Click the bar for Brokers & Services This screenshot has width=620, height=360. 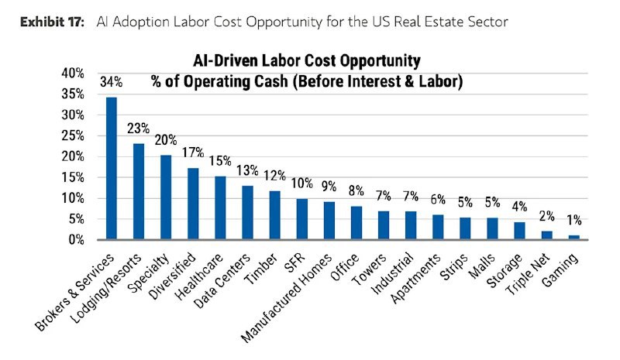click(112, 169)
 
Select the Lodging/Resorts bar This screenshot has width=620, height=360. click(139, 191)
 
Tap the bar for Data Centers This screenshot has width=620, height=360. click(247, 212)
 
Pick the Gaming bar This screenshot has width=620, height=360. click(573, 237)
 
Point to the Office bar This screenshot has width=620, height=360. click(356, 222)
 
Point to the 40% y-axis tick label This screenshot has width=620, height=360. click(73, 73)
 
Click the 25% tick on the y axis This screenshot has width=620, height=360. click(73, 135)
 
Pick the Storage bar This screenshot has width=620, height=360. click(518, 231)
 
